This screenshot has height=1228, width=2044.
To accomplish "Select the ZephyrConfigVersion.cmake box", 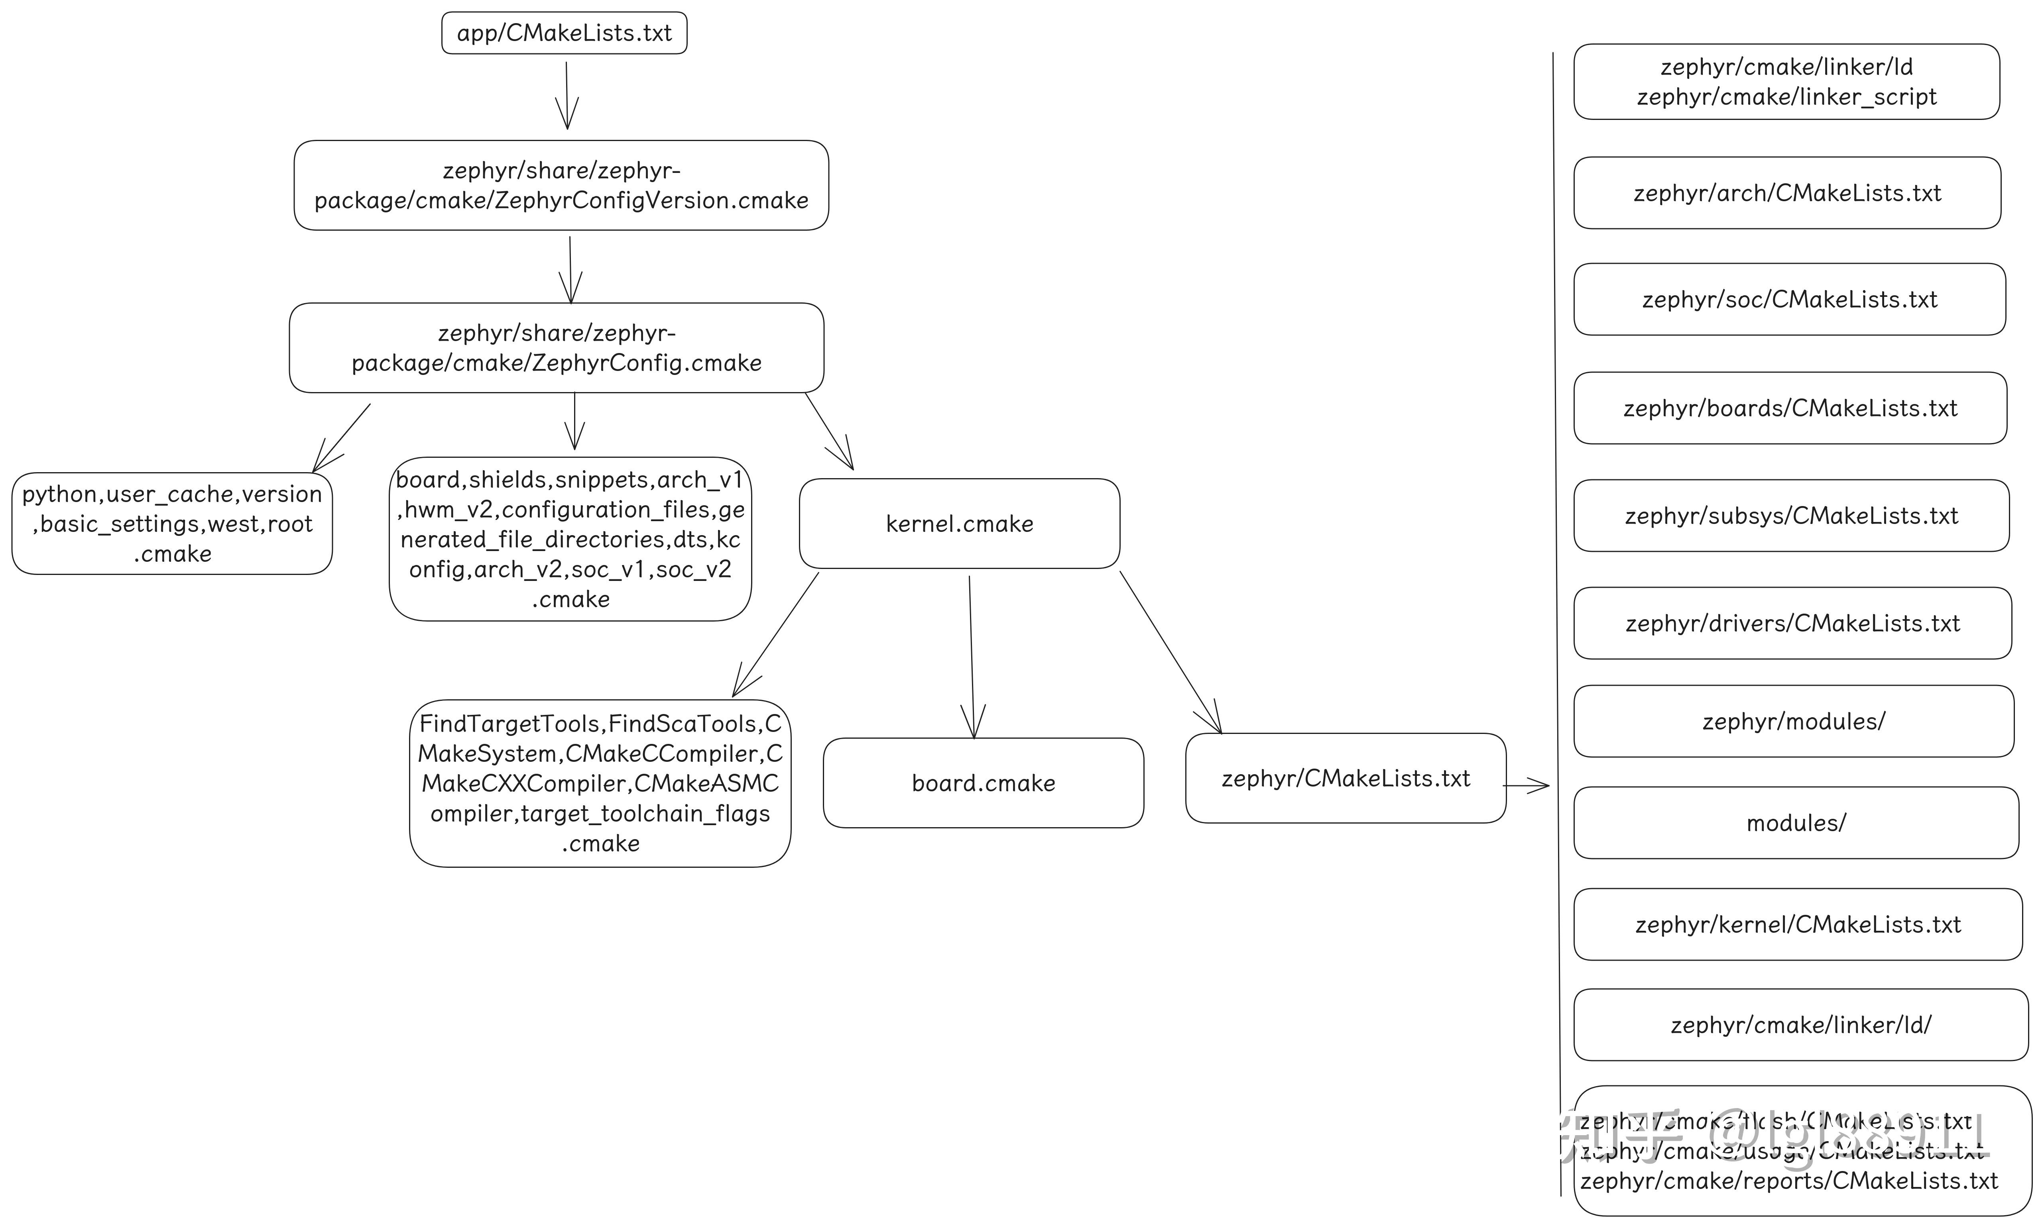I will click(561, 185).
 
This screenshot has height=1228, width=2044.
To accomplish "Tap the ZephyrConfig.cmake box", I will click(556, 347).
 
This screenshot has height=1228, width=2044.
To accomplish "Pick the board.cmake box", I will click(984, 783).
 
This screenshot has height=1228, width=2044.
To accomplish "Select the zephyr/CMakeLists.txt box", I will click(1345, 778).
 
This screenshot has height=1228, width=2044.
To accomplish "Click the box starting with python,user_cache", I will click(172, 524).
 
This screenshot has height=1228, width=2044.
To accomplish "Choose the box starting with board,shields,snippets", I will click(571, 539).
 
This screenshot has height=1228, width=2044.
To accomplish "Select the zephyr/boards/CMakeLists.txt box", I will click(1790, 408).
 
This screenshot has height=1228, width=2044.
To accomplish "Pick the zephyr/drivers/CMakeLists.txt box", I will click(1792, 623).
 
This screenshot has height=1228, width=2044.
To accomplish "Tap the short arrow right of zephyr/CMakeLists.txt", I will click(1526, 785).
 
